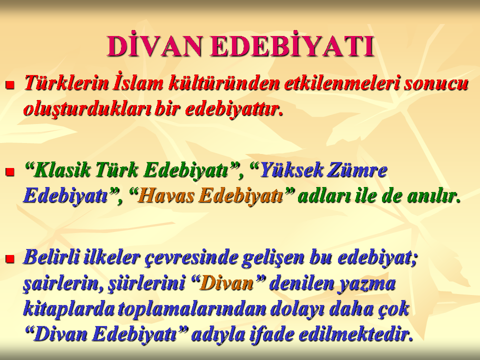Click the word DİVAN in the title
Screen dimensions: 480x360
[154, 46]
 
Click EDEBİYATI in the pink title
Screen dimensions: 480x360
[292, 46]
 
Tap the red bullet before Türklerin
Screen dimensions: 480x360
[10, 85]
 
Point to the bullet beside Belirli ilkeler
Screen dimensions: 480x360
[10, 259]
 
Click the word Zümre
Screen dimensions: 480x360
[356, 169]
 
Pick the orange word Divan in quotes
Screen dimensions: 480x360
[227, 283]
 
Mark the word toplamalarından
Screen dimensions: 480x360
[192, 309]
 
